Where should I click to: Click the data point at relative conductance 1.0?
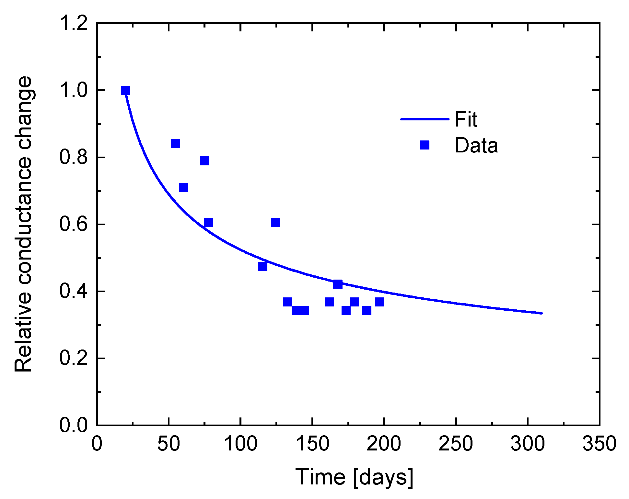tap(126, 90)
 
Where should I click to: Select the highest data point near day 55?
tap(175, 143)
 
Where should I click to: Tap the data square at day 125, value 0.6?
tap(275, 223)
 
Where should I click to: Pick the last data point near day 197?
tap(379, 302)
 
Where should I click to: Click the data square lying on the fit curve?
tap(338, 284)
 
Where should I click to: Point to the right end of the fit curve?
tap(541, 313)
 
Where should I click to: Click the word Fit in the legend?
tap(466, 119)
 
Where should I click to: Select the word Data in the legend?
tap(476, 145)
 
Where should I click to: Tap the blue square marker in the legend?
tap(425, 145)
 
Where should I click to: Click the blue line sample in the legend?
tap(425, 119)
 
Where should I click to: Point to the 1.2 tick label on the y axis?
tap(74, 23)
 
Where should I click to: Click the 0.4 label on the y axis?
tap(74, 291)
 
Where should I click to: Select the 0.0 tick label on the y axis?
tap(74, 425)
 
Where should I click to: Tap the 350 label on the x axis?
tap(599, 444)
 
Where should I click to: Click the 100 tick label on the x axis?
tap(240, 444)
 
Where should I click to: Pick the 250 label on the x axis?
tap(456, 444)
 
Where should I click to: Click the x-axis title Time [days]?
tap(354, 477)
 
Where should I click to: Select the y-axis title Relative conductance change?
tap(23, 224)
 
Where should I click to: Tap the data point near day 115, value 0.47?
tap(263, 267)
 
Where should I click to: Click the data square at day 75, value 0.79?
tap(205, 161)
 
